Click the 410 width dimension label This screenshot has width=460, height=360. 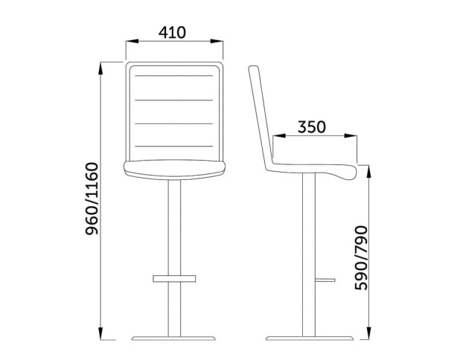click(x=172, y=33)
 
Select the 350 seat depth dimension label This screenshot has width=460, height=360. click(x=312, y=127)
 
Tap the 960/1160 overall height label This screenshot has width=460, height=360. click(x=92, y=199)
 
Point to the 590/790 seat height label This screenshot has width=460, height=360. click(x=361, y=258)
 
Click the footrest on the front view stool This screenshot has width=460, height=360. click(x=174, y=278)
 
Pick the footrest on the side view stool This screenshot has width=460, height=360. click(x=325, y=280)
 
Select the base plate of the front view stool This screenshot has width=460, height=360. click(x=173, y=338)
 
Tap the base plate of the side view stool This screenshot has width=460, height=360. click(x=310, y=338)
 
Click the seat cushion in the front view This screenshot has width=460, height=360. click(x=174, y=170)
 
